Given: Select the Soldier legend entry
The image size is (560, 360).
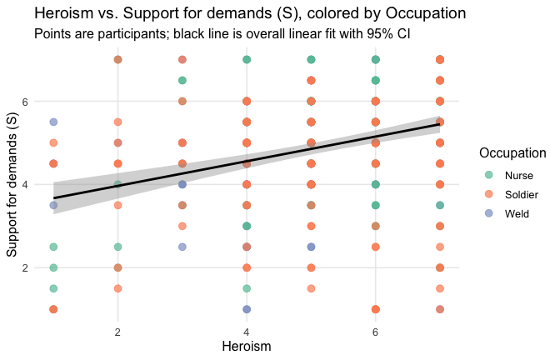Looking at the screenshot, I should point(512,194).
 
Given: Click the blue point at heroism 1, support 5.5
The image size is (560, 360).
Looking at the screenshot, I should point(53,122).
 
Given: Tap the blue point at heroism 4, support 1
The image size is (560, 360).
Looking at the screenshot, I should point(247,309).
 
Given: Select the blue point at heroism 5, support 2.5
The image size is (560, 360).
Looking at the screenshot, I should point(311,247).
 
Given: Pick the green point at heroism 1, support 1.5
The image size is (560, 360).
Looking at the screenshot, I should point(53,288).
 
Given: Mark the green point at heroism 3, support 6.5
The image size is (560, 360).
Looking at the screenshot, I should point(182,80).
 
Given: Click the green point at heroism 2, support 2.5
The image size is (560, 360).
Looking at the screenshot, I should point(118,247).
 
